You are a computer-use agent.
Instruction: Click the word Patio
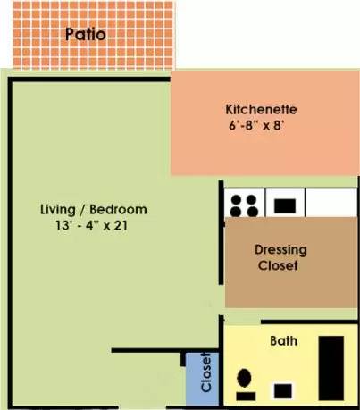pos(86,36)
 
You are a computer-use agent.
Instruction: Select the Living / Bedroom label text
pos(94,210)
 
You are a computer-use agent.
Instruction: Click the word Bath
pos(284,340)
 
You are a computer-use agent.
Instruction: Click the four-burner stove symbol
pos(244,205)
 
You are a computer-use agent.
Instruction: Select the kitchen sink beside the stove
pos(285,205)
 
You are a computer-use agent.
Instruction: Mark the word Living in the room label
pos(58,210)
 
